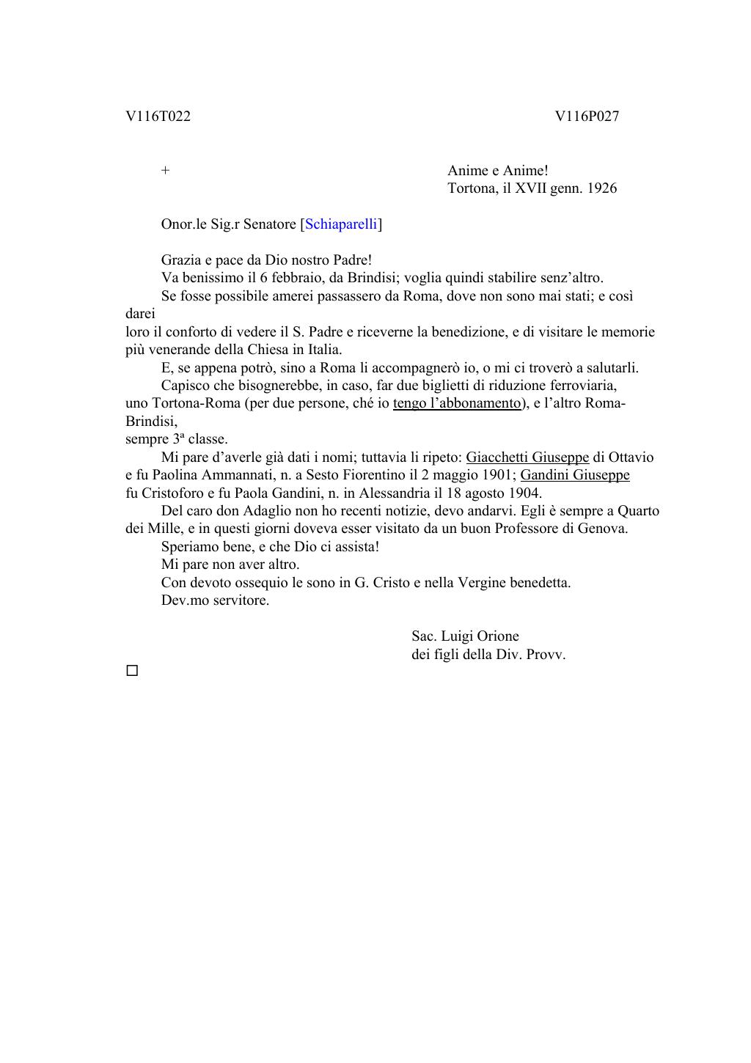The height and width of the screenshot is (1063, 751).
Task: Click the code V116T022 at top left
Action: click(x=158, y=117)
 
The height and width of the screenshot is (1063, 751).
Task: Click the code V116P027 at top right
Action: click(x=587, y=117)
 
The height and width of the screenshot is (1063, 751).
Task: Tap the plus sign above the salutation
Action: click(x=166, y=171)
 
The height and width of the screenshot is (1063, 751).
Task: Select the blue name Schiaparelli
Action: click(x=341, y=224)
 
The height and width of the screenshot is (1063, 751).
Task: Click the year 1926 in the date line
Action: click(x=602, y=188)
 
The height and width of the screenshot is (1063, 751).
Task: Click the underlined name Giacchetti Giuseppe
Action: click(x=527, y=457)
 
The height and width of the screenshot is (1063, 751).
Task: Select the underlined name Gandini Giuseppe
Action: click(x=574, y=475)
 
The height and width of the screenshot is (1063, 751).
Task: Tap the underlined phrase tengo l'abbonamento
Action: click(x=456, y=403)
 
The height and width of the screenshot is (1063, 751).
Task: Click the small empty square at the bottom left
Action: click(x=132, y=671)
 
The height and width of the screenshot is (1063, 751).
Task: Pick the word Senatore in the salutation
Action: click(x=269, y=224)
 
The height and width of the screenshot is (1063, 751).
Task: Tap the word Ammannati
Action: click(x=230, y=475)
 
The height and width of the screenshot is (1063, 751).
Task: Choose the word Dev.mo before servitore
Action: click(x=185, y=600)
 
